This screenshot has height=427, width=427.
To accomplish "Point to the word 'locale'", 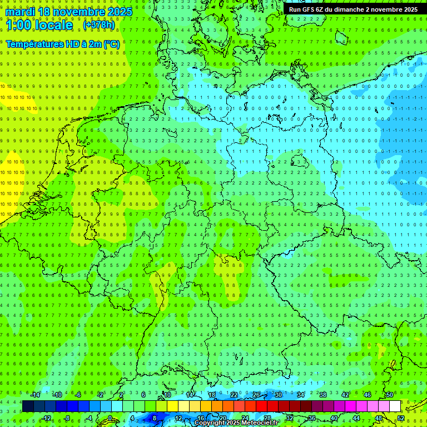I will (x=56, y=25).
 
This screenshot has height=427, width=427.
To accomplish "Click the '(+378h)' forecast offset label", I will (x=98, y=25).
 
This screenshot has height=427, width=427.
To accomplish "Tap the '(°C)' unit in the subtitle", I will (x=111, y=43).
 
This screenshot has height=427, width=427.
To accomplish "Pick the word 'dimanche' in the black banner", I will (x=351, y=9).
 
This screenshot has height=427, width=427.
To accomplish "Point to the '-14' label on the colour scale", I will (x=35, y=395).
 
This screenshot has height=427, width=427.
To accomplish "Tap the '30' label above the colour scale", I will (x=278, y=395).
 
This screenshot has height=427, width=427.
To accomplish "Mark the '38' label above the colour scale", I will (x=322, y=395).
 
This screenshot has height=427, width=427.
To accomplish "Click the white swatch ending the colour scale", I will (x=395, y=406).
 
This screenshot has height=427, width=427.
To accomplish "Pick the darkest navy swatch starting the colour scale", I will (x=28, y=406).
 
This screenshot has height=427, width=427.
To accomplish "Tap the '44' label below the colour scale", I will (x=356, y=418).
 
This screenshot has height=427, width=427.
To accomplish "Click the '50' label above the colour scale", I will (x=389, y=395).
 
